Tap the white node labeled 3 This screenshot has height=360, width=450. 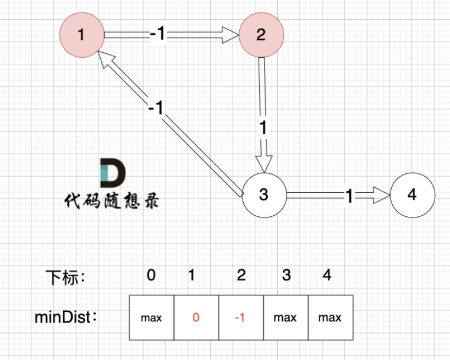(x=264, y=195)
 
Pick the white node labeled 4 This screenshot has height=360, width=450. (x=413, y=195)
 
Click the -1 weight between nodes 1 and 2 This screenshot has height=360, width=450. (x=157, y=35)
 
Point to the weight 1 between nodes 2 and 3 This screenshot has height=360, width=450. (x=263, y=128)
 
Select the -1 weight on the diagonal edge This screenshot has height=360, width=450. (x=156, y=107)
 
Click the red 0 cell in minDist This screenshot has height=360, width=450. (x=196, y=318)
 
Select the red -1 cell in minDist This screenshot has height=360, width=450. (x=240, y=318)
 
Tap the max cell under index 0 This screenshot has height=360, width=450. (x=151, y=318)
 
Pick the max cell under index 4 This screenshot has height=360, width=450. (x=330, y=318)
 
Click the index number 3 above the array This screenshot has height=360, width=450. (x=286, y=275)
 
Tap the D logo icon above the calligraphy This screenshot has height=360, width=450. (x=113, y=172)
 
